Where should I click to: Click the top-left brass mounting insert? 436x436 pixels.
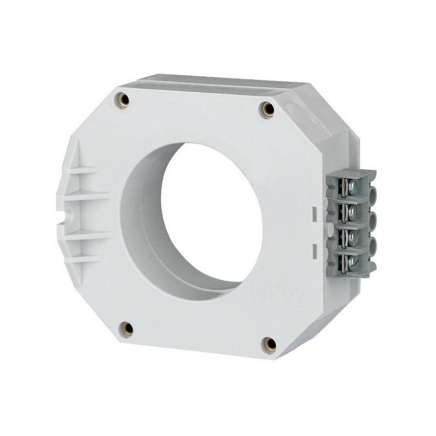(x=124, y=100)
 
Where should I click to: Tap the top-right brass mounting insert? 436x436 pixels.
(x=268, y=109)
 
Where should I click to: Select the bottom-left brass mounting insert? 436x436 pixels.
(x=127, y=329)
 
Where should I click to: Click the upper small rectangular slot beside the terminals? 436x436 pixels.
(x=314, y=214)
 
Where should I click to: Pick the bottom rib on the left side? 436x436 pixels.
(x=83, y=258)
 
